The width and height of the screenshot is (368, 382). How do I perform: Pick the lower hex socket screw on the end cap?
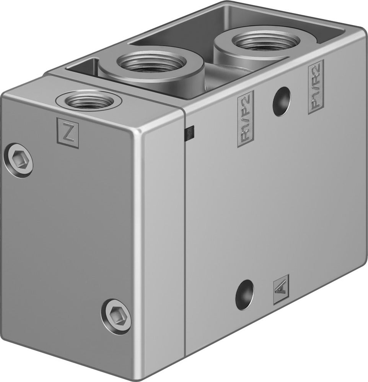coord(116,311)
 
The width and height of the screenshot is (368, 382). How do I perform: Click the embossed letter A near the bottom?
coord(281,293)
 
